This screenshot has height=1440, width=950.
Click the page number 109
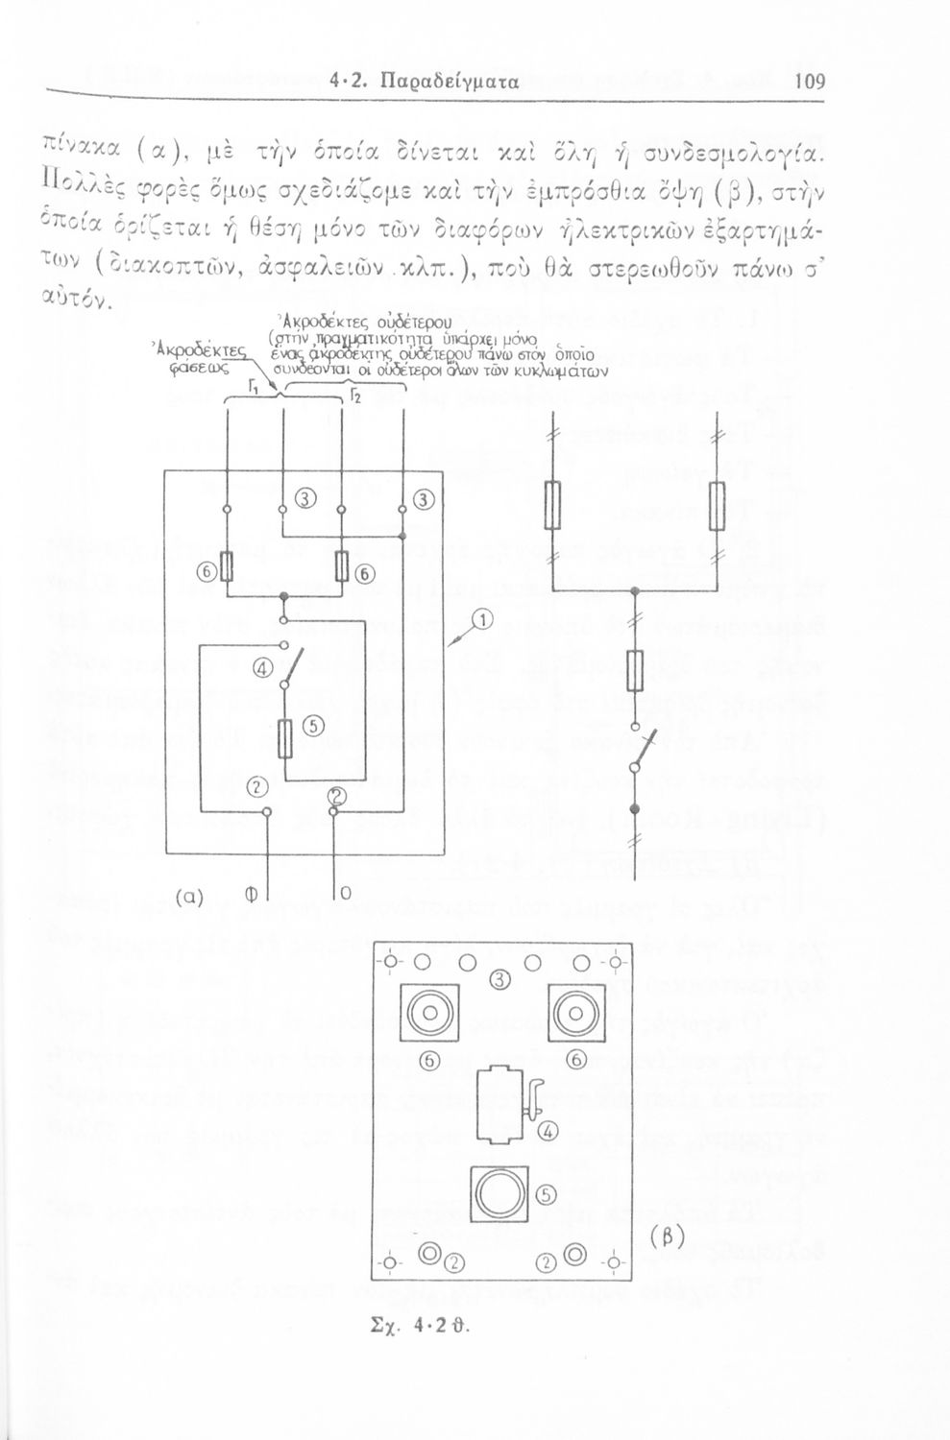pyautogui.click(x=811, y=81)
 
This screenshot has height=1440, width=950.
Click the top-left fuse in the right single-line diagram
pyautogui.click(x=555, y=505)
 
